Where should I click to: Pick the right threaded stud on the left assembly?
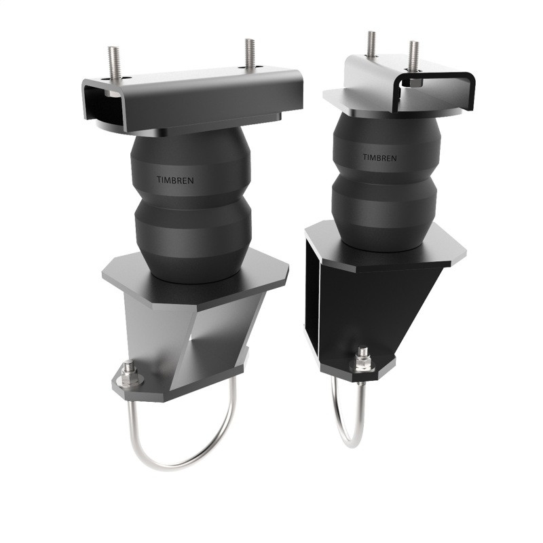(250, 54)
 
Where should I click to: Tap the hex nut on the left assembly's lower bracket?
(128, 373)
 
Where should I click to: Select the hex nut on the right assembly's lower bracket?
(363, 359)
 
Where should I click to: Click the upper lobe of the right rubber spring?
(383, 146)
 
